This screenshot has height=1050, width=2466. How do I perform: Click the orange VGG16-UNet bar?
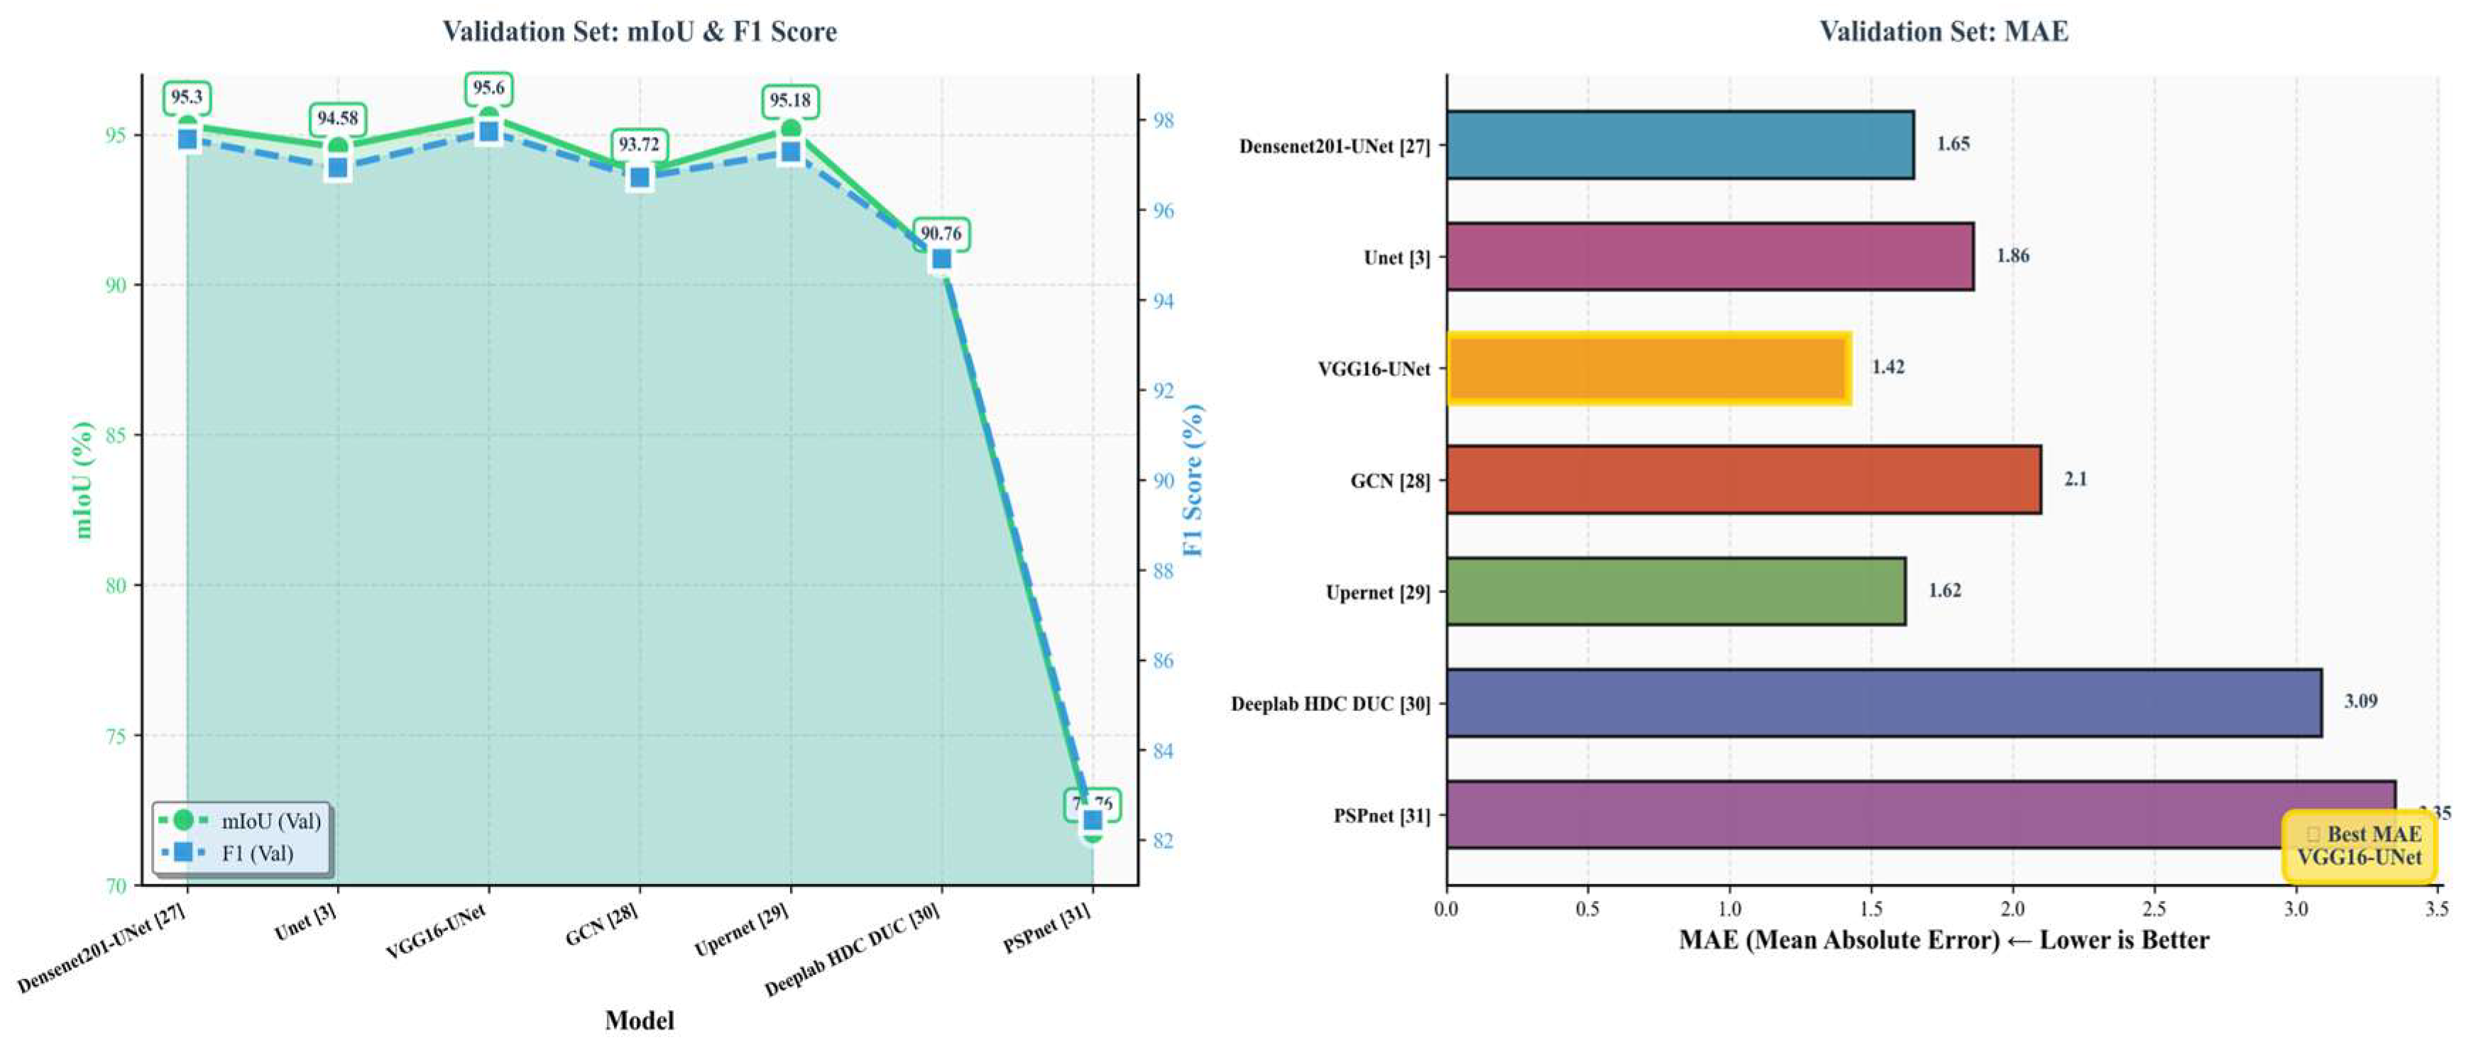[x=1647, y=368]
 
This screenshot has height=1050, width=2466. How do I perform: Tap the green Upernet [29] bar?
[x=1675, y=592]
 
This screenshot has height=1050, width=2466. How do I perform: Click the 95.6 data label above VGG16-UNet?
[x=488, y=88]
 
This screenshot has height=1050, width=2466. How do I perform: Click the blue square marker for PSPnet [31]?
[x=1092, y=820]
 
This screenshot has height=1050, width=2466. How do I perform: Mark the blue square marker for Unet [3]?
[x=337, y=167]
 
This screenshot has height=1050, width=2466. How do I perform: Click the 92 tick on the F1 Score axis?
[x=1162, y=390]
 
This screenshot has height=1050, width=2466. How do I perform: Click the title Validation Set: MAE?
[x=1944, y=32]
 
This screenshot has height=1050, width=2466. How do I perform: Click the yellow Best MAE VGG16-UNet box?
[x=2359, y=846]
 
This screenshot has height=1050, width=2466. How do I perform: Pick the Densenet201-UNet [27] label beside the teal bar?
[x=1334, y=146]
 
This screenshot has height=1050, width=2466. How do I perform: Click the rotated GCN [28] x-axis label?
[x=601, y=924]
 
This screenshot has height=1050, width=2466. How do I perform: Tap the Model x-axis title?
[x=639, y=1020]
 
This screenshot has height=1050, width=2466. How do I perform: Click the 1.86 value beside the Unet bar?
[x=2012, y=255]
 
